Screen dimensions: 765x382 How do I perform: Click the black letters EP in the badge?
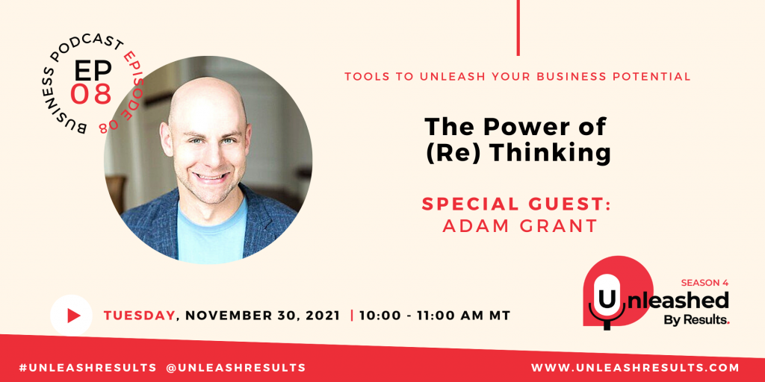[x=93, y=71]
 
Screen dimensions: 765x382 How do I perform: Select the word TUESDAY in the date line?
[x=139, y=316]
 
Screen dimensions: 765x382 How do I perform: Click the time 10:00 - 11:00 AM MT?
[x=435, y=316]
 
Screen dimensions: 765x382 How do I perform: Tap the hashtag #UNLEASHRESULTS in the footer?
[x=88, y=367]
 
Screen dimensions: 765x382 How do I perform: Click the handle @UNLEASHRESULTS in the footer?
[x=236, y=367]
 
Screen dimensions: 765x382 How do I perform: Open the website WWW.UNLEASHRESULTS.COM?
[x=635, y=367]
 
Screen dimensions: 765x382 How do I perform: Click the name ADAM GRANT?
[x=520, y=226]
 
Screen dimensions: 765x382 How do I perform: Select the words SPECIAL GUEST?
[x=516, y=204]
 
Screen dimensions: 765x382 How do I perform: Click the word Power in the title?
[x=524, y=127]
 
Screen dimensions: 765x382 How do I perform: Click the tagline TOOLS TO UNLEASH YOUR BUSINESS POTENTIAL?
[x=517, y=77]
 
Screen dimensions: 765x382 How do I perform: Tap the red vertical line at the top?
[x=518, y=28]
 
